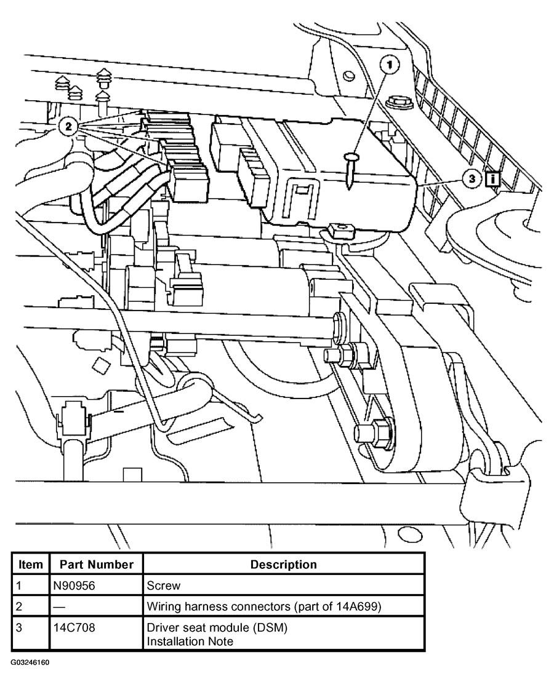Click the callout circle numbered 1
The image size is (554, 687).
(389, 64)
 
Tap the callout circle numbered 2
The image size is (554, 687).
(68, 127)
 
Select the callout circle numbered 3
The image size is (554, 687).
(472, 179)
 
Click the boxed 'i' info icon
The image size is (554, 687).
(492, 179)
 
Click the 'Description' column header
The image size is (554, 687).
(283, 564)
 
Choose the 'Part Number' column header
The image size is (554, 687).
(96, 564)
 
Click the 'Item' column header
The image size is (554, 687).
(30, 564)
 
